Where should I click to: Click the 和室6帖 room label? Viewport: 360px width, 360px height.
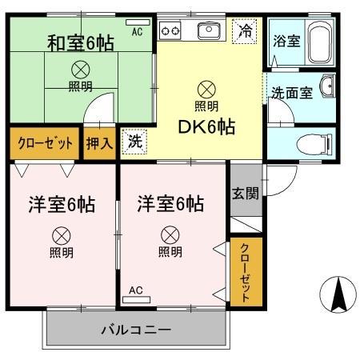pyautogui.click(x=81, y=42)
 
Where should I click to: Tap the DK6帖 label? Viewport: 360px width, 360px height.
pyautogui.click(x=206, y=126)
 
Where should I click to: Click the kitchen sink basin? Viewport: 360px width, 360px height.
pyautogui.click(x=210, y=31)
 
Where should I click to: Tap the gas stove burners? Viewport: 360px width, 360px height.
pyautogui.click(x=171, y=31)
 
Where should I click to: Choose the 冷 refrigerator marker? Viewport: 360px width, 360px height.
pyautogui.click(x=245, y=33)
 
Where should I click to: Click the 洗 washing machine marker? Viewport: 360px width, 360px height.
pyautogui.click(x=134, y=142)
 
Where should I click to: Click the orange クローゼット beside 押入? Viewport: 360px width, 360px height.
pyautogui.click(x=45, y=143)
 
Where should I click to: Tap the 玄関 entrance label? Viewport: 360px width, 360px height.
pyautogui.click(x=246, y=194)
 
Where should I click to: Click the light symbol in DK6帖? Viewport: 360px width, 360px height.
pyautogui.click(x=206, y=89)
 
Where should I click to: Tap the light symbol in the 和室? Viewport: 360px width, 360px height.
pyautogui.click(x=81, y=69)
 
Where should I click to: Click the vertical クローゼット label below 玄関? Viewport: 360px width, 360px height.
pyautogui.click(x=246, y=272)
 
